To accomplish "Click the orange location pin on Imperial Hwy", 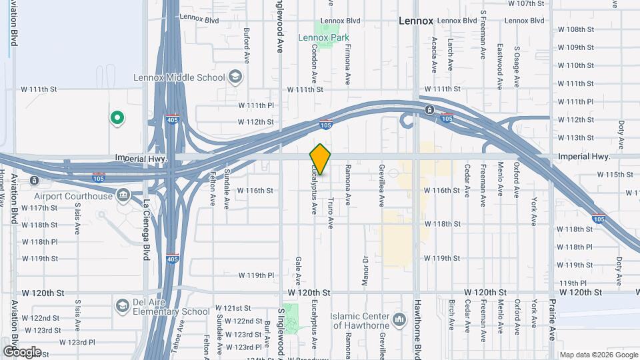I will coord(321,159).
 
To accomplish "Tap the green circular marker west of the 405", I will coord(117,119).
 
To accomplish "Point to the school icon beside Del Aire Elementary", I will coord(122,306).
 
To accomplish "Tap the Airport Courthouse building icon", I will coord(123,195).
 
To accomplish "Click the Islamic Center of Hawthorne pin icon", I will coord(399,321).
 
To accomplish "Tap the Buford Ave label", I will coord(246,40).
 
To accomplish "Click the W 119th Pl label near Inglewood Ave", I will coord(256,275).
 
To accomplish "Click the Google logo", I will coord(21,351).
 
